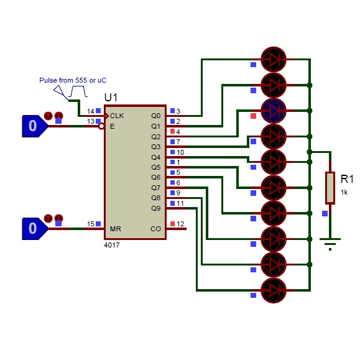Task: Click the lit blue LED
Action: click(x=274, y=111)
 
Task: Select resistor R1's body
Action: click(x=330, y=188)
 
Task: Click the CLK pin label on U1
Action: click(x=117, y=116)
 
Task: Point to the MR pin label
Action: click(x=116, y=229)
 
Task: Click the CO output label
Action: click(x=155, y=229)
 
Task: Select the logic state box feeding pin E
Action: click(x=35, y=126)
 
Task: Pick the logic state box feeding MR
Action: click(x=35, y=229)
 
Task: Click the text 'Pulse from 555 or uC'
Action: click(x=73, y=80)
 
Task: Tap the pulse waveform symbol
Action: click(x=78, y=91)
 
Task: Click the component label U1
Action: click(x=111, y=98)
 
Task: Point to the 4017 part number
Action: click(x=111, y=245)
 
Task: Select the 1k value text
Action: click(x=344, y=192)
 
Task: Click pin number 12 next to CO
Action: click(x=180, y=224)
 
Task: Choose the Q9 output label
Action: click(x=155, y=208)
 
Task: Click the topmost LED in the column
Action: click(x=274, y=60)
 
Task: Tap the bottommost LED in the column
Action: click(x=274, y=290)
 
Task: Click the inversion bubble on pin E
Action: click(x=101, y=126)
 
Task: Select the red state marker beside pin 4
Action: click(x=172, y=131)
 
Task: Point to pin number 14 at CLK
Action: click(x=90, y=111)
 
